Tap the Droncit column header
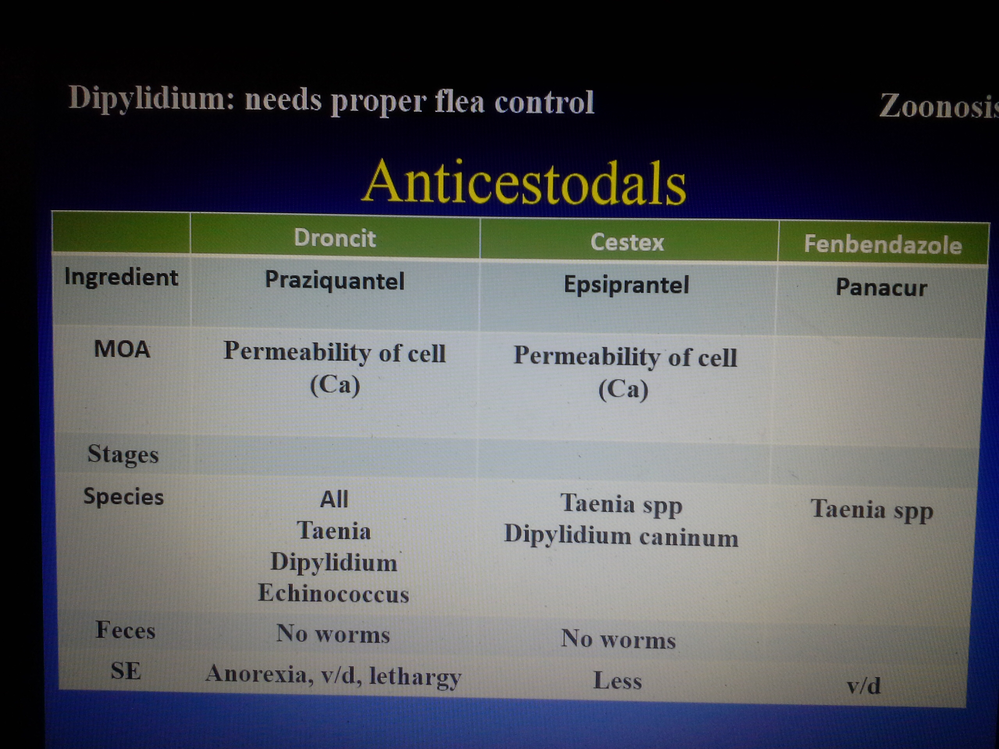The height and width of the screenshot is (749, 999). click(335, 238)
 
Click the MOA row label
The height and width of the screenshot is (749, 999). click(122, 349)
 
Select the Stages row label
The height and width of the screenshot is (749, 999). click(123, 454)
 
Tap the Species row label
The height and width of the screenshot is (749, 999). click(123, 497)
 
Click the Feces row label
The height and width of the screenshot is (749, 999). click(125, 630)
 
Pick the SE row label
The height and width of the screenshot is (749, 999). click(126, 671)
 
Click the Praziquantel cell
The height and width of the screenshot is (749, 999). click(335, 281)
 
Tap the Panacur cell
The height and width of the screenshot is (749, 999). click(881, 288)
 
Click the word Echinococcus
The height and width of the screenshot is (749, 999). click(333, 594)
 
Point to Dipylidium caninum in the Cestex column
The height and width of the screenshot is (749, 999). click(621, 536)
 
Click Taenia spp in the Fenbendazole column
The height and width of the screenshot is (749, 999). click(872, 510)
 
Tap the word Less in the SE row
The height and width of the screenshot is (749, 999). click(617, 680)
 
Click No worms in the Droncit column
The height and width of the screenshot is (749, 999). click(333, 634)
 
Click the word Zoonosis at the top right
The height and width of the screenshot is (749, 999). click(939, 107)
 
